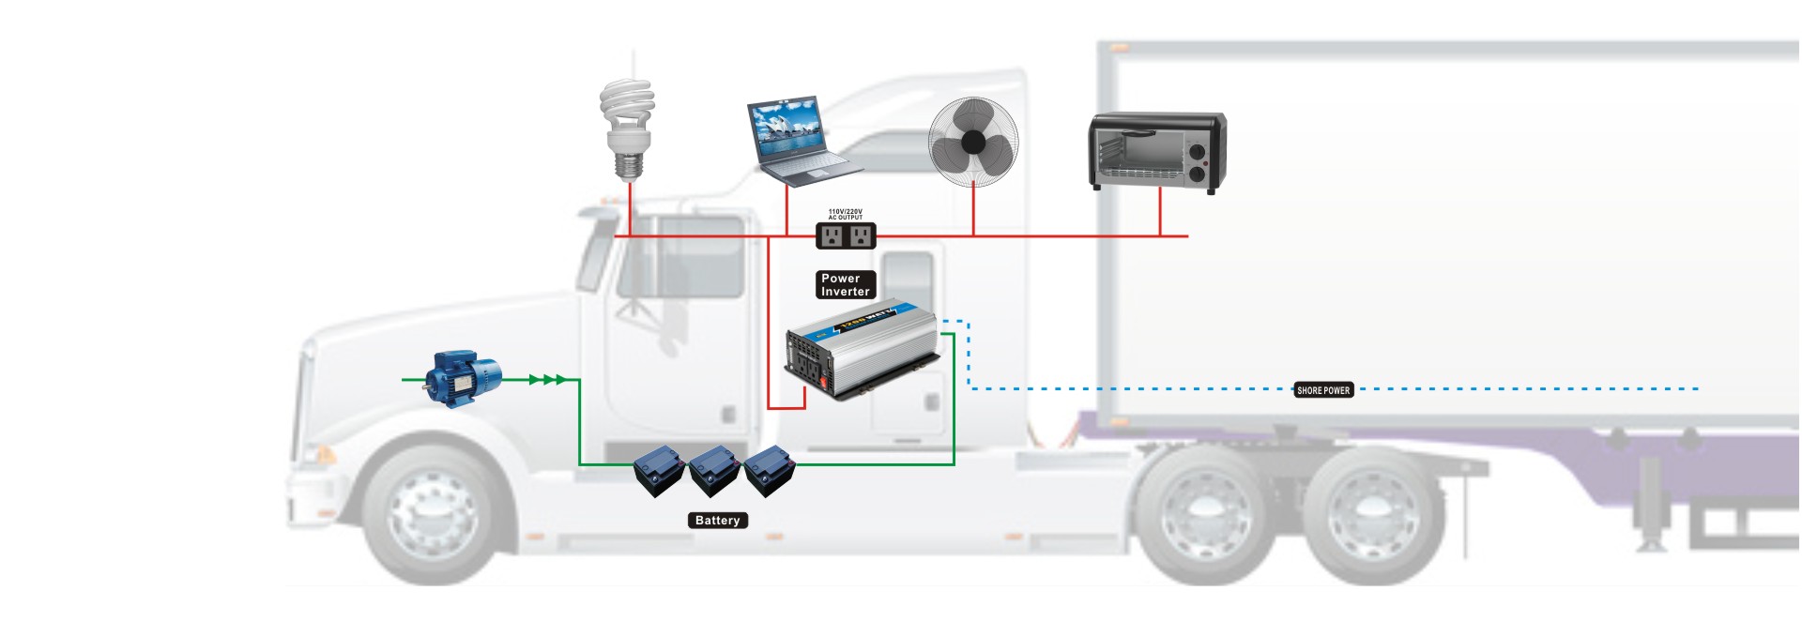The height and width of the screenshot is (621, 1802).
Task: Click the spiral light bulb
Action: (x=627, y=127)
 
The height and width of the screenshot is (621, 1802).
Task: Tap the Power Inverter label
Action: (x=845, y=284)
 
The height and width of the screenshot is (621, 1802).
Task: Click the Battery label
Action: (x=717, y=521)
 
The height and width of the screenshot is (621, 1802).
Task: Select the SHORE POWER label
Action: (x=1322, y=390)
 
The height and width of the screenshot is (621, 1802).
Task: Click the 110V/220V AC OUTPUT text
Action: (x=845, y=215)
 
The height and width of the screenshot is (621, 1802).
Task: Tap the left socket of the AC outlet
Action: (x=832, y=235)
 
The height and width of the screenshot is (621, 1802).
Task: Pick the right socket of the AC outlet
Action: (x=860, y=235)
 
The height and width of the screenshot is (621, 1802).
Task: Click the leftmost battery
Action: (x=660, y=470)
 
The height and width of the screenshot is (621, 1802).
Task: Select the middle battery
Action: (x=714, y=470)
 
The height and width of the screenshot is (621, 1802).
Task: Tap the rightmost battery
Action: (x=770, y=470)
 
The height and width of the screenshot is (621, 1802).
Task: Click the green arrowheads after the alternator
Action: (x=547, y=380)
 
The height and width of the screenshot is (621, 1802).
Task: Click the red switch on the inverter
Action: (x=824, y=383)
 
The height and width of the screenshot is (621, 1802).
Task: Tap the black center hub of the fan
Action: (x=973, y=142)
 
